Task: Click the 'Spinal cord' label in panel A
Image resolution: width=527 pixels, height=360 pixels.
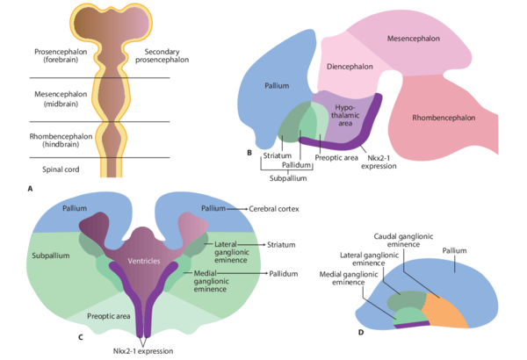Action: (61, 169)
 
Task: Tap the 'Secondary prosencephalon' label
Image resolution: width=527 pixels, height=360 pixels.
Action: (162, 56)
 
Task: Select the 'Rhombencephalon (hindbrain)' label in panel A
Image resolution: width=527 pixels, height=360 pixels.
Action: (61, 140)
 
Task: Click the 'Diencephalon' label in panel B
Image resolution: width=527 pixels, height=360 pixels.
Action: (350, 67)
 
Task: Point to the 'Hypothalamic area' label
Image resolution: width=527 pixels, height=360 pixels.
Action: (345, 115)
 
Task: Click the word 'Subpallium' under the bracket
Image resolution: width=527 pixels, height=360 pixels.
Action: (288, 178)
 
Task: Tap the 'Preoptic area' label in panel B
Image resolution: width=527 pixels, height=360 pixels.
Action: (336, 158)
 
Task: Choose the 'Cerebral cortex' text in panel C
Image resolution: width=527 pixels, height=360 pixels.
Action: (274, 209)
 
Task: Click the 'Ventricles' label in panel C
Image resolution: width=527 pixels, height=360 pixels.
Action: (144, 261)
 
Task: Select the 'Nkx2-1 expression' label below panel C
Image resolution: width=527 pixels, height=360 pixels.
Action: (143, 351)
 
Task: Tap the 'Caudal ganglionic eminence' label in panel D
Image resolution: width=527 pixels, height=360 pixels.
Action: (403, 241)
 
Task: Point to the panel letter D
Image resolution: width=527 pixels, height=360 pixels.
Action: (361, 333)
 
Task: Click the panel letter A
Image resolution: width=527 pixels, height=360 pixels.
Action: (30, 189)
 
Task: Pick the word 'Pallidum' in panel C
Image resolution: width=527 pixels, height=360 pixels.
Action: (284, 274)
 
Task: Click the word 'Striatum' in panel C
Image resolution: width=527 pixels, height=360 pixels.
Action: (281, 245)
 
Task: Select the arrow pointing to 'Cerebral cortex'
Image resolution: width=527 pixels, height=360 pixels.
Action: (237, 209)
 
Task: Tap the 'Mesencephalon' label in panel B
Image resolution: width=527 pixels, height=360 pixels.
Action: (414, 39)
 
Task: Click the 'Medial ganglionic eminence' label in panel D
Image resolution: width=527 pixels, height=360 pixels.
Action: (349, 278)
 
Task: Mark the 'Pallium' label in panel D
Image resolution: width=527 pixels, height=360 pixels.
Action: (454, 251)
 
